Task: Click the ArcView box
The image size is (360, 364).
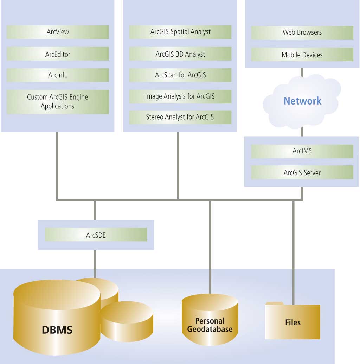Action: point(58,32)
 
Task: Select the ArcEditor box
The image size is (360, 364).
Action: point(58,54)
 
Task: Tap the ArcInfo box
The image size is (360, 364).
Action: point(58,75)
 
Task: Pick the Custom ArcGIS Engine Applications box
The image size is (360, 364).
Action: point(58,102)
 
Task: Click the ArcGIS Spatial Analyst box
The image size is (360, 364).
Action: point(180,32)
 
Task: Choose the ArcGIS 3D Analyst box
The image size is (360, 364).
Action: point(180,54)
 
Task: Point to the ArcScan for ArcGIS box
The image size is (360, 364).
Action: point(180,75)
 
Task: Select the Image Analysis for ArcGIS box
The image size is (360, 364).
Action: point(180,96)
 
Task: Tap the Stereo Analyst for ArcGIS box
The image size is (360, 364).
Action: point(180,117)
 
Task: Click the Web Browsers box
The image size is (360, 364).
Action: point(302,33)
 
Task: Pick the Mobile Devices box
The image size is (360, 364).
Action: point(302,55)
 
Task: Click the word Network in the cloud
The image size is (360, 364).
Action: point(302,101)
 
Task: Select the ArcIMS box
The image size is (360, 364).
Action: point(302,151)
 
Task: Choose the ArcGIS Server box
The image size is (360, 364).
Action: point(302,173)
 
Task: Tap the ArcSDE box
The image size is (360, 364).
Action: point(96,235)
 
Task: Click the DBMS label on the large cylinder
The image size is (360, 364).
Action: point(57,330)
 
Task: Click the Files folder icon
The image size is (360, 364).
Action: point(292,321)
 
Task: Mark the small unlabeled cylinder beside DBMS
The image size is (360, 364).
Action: point(127,320)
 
